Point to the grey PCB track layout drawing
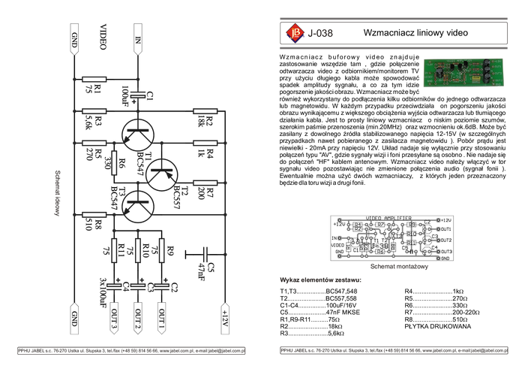pyautogui.click(x=391, y=237)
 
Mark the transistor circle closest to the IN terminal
pyautogui.click(x=136, y=135)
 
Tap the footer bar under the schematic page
pyautogui.click(x=130, y=351)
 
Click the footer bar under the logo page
pyautogui.click(x=393, y=351)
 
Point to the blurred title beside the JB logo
pyautogui.click(x=322, y=33)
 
